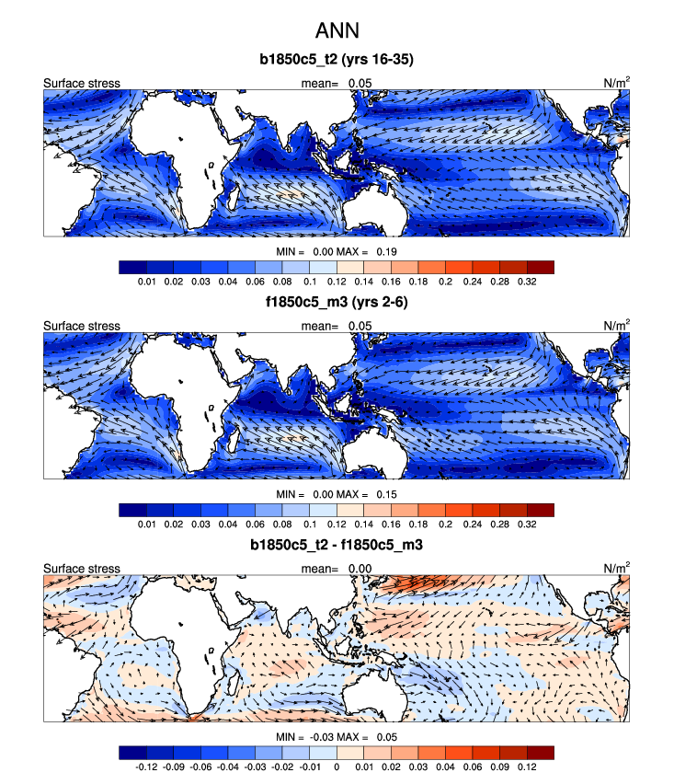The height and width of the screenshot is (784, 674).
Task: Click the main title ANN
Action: [x=337, y=31]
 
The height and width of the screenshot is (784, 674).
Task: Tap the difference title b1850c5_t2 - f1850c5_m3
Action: [x=337, y=546]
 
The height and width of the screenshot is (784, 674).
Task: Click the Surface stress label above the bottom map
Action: [x=82, y=568]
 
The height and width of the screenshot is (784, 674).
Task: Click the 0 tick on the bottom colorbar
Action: [x=337, y=766]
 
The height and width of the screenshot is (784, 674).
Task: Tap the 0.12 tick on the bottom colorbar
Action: [x=527, y=766]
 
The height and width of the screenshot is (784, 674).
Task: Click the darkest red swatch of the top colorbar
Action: [x=540, y=267]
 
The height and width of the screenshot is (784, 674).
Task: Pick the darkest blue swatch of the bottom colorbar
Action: [x=132, y=752]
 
